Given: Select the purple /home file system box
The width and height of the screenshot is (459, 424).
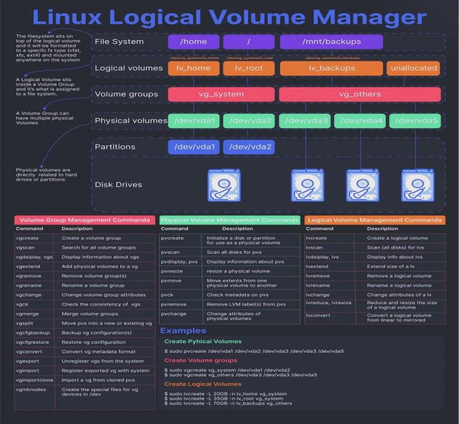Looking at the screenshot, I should pos(194,42).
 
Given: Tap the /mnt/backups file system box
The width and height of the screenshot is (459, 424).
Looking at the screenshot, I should pos(331,42).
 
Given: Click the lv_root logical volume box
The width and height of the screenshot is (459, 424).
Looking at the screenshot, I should pos(248,68).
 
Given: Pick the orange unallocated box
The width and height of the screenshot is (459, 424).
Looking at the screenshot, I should pos(414,68).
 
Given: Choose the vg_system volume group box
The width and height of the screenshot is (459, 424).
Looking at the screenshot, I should pos(220,94).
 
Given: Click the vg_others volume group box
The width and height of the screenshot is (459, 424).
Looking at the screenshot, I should pos(360,94).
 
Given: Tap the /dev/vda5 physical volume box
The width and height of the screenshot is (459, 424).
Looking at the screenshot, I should pos(414,121).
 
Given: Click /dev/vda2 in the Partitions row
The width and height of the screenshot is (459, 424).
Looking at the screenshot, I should pos(248,147).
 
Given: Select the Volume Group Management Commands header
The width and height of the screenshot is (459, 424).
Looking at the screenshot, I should pos(84,220).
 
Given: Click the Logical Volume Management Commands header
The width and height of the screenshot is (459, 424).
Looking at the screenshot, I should pos(374,220).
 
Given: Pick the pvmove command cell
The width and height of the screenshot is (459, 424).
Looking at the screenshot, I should pos(171,281).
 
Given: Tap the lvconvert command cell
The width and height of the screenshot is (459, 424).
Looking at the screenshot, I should pos(318,315).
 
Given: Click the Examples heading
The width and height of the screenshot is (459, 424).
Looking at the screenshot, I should pos(183,330).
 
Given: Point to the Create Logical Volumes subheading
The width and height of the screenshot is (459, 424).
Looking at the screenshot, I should pos(202,384).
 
